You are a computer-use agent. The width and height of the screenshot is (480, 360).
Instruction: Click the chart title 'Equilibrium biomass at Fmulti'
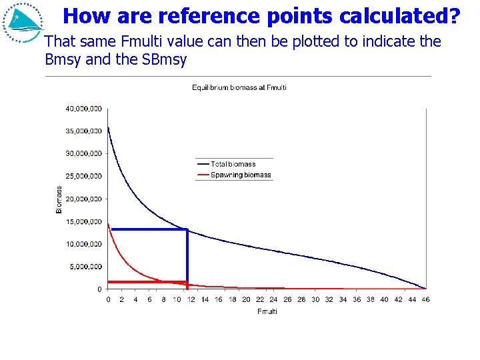tap(239, 88)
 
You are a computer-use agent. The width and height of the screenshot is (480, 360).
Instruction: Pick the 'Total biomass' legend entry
tap(233, 164)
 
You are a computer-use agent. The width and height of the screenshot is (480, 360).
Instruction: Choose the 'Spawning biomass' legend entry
tap(241, 175)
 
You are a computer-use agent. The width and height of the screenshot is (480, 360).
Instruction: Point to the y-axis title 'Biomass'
tap(58, 199)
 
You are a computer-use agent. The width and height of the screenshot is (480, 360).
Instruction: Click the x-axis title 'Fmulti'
tap(267, 311)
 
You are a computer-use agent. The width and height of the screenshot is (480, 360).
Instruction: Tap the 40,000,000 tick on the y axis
tap(83, 108)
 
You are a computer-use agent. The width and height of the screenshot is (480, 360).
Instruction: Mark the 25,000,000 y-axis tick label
tap(83, 176)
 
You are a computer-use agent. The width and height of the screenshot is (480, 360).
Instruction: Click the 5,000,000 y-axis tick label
tap(85, 267)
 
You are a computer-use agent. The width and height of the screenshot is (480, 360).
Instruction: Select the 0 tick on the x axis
tap(109, 300)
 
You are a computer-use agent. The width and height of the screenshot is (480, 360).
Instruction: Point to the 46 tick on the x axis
tap(426, 300)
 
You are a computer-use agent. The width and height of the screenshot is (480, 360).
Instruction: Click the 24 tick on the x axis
tap(273, 300)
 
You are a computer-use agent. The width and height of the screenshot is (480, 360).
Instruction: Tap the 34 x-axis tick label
tap(343, 300)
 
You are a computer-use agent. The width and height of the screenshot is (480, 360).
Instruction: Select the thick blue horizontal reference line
tap(148, 229)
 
